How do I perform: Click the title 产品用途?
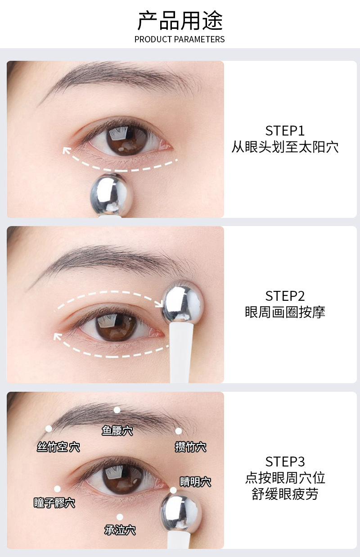pyautogui.click(x=180, y=20)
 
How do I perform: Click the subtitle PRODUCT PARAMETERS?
pyautogui.click(x=180, y=39)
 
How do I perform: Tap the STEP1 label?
pyautogui.click(x=285, y=131)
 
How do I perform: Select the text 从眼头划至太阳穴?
pyautogui.click(x=285, y=147)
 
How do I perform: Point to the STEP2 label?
pyautogui.click(x=285, y=296)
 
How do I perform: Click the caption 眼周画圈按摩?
pyautogui.click(x=285, y=312)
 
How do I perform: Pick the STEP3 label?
pyautogui.click(x=285, y=462)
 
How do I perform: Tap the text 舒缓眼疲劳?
pyautogui.click(x=285, y=494)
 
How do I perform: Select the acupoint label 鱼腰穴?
pyautogui.click(x=117, y=431)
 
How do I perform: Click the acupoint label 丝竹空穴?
pyautogui.click(x=58, y=447)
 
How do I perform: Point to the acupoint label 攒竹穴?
pyautogui.click(x=190, y=447)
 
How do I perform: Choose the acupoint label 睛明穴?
pyautogui.click(x=195, y=481)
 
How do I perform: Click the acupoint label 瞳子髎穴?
pyautogui.click(x=54, y=503)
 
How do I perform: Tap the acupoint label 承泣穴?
pyautogui.click(x=120, y=530)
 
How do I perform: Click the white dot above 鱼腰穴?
pyautogui.click(x=117, y=410)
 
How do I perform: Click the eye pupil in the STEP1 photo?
pyautogui.click(x=121, y=139)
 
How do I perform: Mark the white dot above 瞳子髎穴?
pyautogui.click(x=57, y=489)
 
